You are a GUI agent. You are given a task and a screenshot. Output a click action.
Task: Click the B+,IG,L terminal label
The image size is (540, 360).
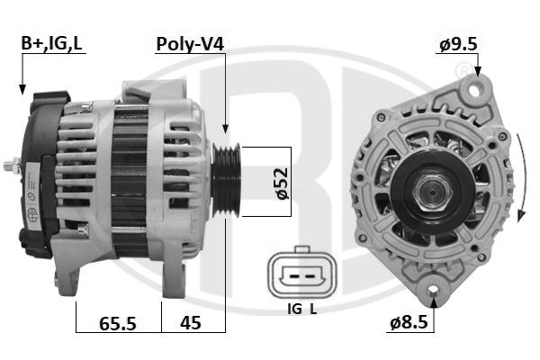(52, 43)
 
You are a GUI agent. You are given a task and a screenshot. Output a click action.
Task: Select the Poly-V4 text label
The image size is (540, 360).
(190, 43)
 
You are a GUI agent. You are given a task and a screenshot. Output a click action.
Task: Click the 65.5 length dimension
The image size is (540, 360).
(118, 323)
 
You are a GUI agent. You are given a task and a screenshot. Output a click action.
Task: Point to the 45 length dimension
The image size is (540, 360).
(190, 323)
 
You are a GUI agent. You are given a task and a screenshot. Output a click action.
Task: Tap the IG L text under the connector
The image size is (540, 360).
(301, 310)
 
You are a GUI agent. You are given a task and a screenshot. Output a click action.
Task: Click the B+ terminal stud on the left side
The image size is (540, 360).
(11, 166)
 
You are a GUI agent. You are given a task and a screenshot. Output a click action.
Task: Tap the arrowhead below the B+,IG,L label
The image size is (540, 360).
(22, 89)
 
